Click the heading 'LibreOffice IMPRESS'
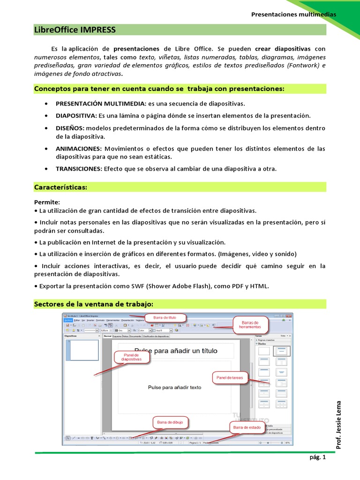click(75, 30)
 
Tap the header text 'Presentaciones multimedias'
click(293, 14)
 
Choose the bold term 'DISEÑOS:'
click(70, 128)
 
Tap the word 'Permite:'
click(47, 202)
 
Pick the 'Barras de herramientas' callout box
click(250, 324)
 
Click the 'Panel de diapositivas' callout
click(132, 358)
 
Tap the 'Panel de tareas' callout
click(230, 377)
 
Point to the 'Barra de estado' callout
click(247, 427)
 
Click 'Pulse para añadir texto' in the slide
click(174, 388)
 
